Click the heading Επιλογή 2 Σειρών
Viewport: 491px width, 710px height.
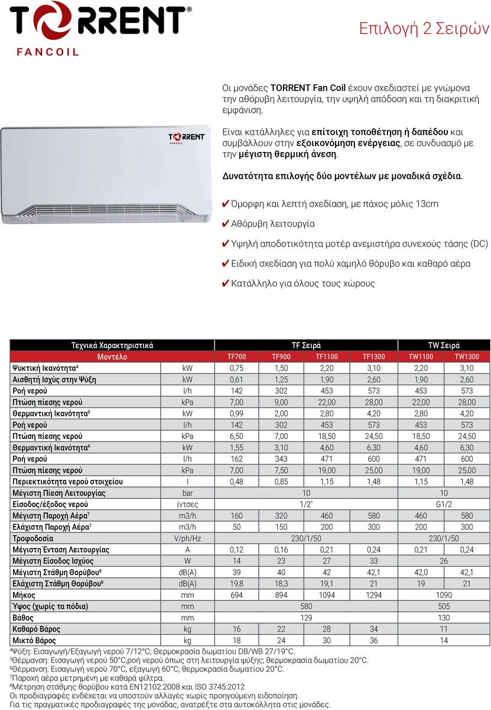tap(424, 29)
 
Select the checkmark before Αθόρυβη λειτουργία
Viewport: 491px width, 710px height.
tap(225, 224)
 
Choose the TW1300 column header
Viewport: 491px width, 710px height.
tap(467, 357)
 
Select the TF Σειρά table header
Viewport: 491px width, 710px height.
tap(306, 346)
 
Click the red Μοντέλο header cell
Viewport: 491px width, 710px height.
tap(112, 357)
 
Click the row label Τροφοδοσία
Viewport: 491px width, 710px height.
tap(33, 538)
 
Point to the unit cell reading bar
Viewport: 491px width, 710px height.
tap(187, 493)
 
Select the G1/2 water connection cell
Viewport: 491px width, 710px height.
tap(444, 504)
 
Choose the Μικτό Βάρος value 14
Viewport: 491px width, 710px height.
tap(444, 640)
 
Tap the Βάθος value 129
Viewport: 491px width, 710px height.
tap(306, 618)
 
